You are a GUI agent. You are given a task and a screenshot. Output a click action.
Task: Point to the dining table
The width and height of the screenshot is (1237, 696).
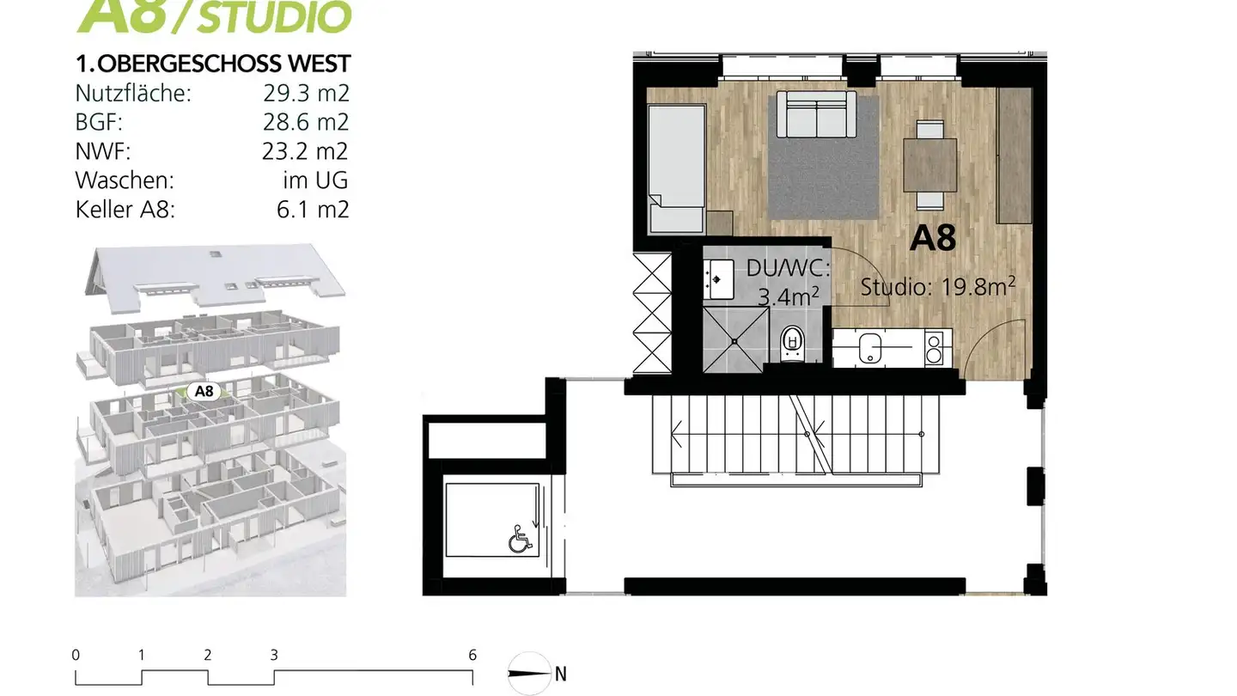pyautogui.click(x=929, y=165)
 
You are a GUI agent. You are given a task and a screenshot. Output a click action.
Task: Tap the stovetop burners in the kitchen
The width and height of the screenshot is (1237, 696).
pyautogui.click(x=933, y=347)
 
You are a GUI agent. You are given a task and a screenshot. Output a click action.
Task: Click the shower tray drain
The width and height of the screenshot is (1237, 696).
pyautogui.click(x=735, y=340)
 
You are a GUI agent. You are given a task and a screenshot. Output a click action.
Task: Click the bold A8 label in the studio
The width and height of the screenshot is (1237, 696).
pyautogui.click(x=933, y=238)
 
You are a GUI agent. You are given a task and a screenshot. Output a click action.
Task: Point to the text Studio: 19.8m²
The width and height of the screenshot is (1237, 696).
pyautogui.click(x=939, y=287)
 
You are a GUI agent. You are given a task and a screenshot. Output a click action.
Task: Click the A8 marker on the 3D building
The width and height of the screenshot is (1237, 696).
pyautogui.click(x=204, y=392)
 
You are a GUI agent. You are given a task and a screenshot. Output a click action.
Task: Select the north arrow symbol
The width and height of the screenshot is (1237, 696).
pyautogui.click(x=529, y=673)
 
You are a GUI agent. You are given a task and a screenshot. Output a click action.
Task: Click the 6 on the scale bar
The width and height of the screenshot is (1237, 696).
pyautogui.click(x=472, y=655)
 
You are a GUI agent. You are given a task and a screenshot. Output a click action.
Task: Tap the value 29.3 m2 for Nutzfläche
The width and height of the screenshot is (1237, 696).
pyautogui.click(x=306, y=93)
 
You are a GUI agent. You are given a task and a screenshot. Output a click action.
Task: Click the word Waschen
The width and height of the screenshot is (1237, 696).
pyautogui.click(x=125, y=180)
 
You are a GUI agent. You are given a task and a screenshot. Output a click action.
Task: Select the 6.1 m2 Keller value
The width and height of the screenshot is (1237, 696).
pyautogui.click(x=314, y=209)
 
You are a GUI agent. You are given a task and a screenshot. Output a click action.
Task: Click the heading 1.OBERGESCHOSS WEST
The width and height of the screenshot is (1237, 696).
pyautogui.click(x=213, y=64)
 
